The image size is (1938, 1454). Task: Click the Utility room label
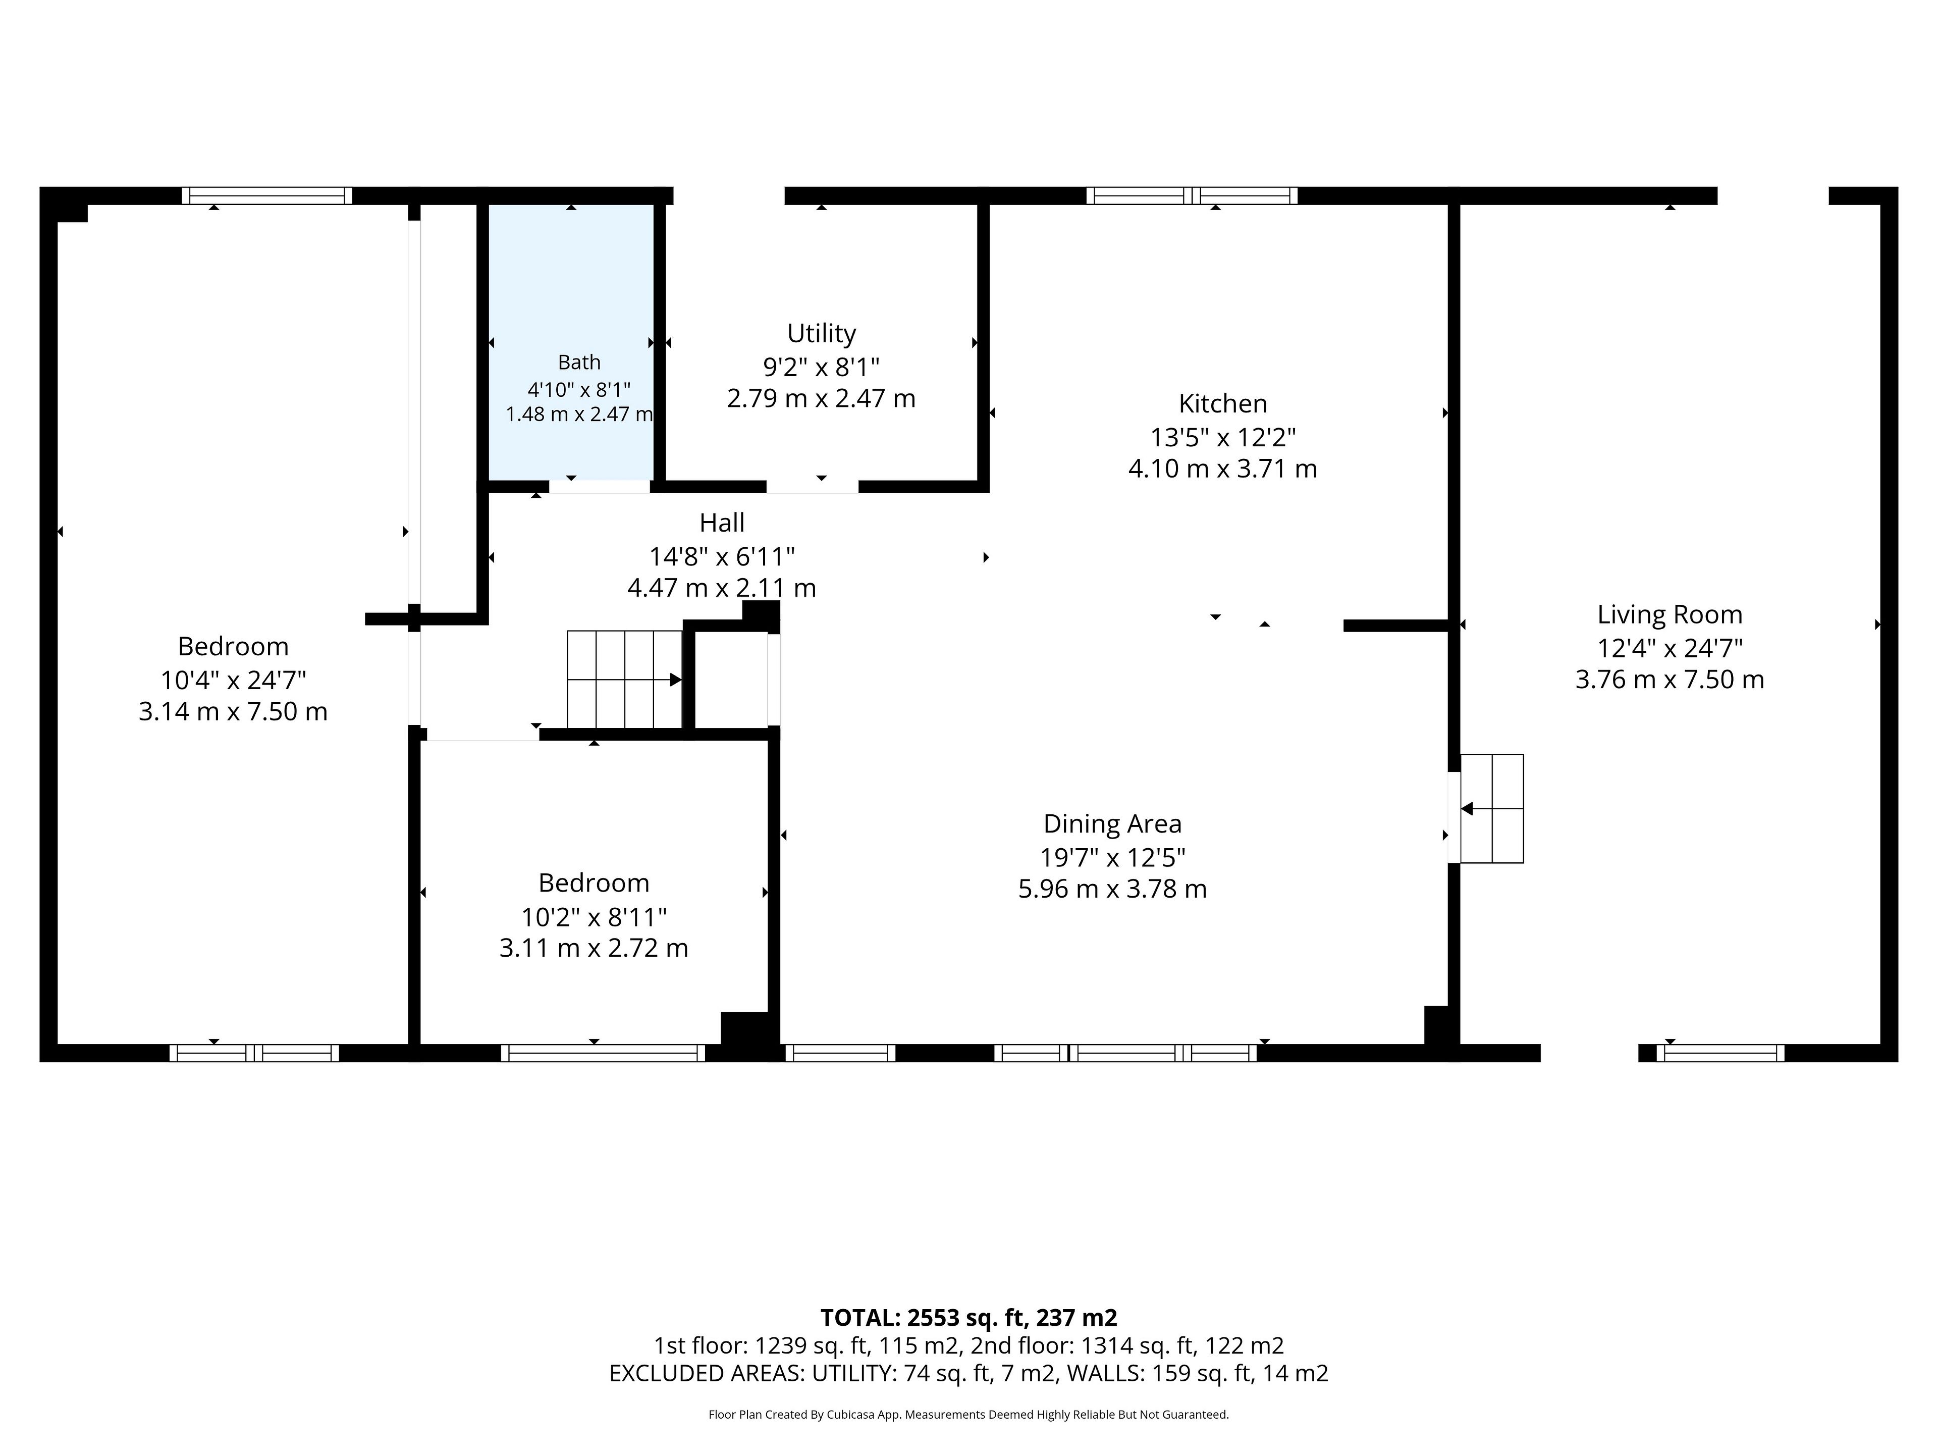point(821,334)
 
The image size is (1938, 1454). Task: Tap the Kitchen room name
point(1222,404)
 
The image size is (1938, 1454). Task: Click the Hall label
point(722,523)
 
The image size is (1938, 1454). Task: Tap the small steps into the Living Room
point(1491,808)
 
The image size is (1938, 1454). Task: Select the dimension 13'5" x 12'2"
point(1222,437)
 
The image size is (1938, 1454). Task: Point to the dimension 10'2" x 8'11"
point(594,917)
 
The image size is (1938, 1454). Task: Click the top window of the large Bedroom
point(267,195)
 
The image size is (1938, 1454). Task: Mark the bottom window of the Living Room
point(1720,1054)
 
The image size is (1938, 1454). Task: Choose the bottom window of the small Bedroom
point(603,1054)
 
